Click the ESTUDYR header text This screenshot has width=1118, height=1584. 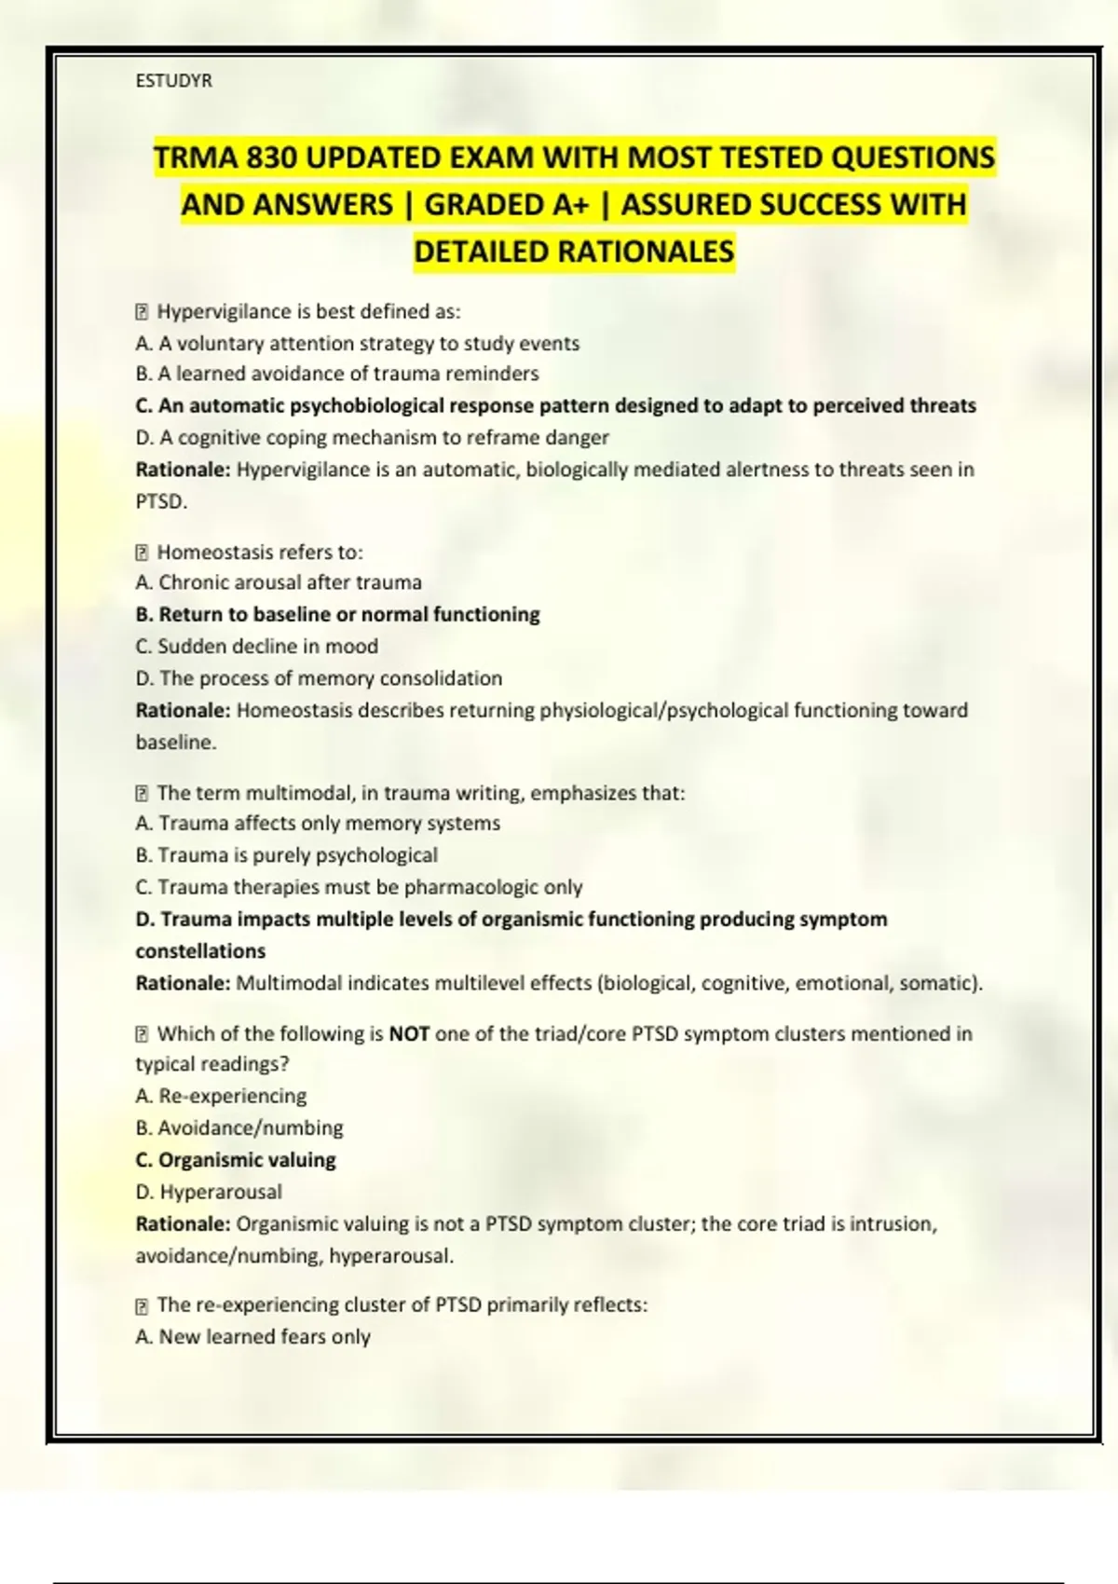pos(173,81)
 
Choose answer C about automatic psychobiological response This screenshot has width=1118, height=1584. pos(555,405)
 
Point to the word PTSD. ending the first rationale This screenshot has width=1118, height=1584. pos(161,501)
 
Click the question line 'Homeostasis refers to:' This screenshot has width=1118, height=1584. pos(259,552)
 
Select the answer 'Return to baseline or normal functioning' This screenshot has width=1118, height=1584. pos(337,614)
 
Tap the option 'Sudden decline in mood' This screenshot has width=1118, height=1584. pos(257,646)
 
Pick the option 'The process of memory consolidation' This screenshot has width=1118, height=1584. pos(319,678)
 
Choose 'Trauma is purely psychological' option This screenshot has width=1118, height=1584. pos(286,855)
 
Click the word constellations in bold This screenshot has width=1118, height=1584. pos(200,951)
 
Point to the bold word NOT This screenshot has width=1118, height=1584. pos(409,1033)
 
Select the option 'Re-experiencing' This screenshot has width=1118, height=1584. pos(221,1096)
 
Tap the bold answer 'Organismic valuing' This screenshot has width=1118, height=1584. pos(236,1160)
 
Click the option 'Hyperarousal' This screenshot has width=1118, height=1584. pos(209,1192)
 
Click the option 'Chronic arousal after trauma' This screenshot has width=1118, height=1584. pos(279,582)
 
